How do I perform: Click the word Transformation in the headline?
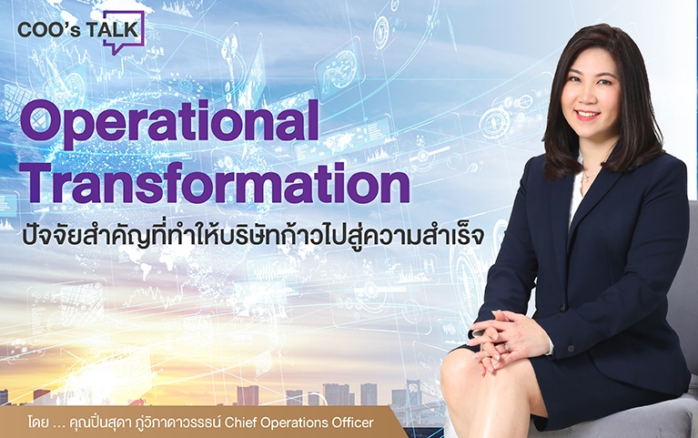[x=215, y=184]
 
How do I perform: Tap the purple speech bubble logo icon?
[x=125, y=33]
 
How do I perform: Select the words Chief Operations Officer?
[x=299, y=422]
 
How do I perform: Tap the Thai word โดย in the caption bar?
[x=38, y=422]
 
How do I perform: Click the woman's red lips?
[x=587, y=115]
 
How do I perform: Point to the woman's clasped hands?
[x=508, y=337]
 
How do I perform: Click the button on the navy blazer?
[x=562, y=308]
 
